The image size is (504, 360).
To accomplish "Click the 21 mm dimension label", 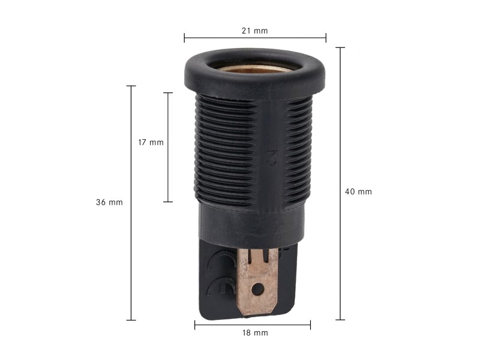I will tap(255, 31).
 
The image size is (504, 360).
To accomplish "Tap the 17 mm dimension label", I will tap(150, 143).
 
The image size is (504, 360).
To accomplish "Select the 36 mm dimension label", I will tap(109, 202).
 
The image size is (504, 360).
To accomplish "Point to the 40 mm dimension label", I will tap(358, 191).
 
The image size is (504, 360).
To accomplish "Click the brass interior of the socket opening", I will tap(254, 68).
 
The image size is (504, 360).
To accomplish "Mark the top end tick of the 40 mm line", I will tap(340, 47).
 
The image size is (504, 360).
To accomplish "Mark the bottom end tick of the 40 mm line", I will tap(340, 320).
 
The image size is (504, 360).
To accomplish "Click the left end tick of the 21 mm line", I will tap(184, 38).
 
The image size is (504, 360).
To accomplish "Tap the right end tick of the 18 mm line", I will tap(310, 325).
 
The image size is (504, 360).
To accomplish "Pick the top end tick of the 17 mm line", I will tap(168, 93).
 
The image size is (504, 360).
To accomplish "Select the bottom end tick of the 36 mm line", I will tap(131, 320).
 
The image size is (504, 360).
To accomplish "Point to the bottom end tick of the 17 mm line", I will tap(168, 202).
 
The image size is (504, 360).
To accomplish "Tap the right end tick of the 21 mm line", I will tap(326, 38).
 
